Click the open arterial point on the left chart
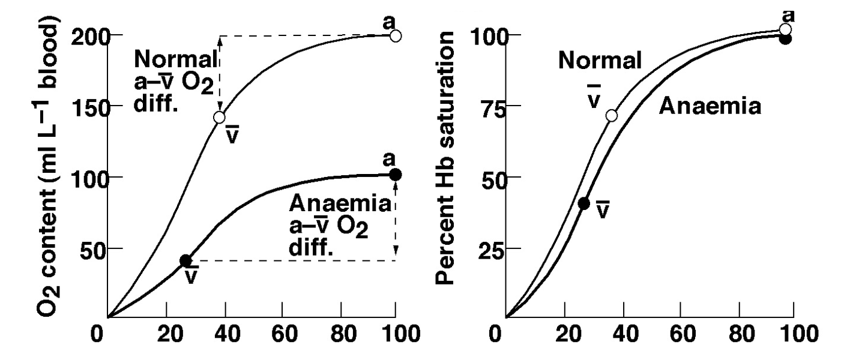(x=395, y=36)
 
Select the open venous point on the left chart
(x=220, y=117)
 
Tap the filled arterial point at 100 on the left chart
(x=395, y=175)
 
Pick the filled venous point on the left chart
(x=185, y=260)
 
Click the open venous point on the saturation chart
(x=612, y=115)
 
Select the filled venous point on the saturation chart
(x=583, y=203)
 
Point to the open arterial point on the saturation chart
(x=785, y=29)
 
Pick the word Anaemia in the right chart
(x=710, y=107)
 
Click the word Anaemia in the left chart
(x=340, y=204)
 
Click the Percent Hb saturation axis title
(x=448, y=157)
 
